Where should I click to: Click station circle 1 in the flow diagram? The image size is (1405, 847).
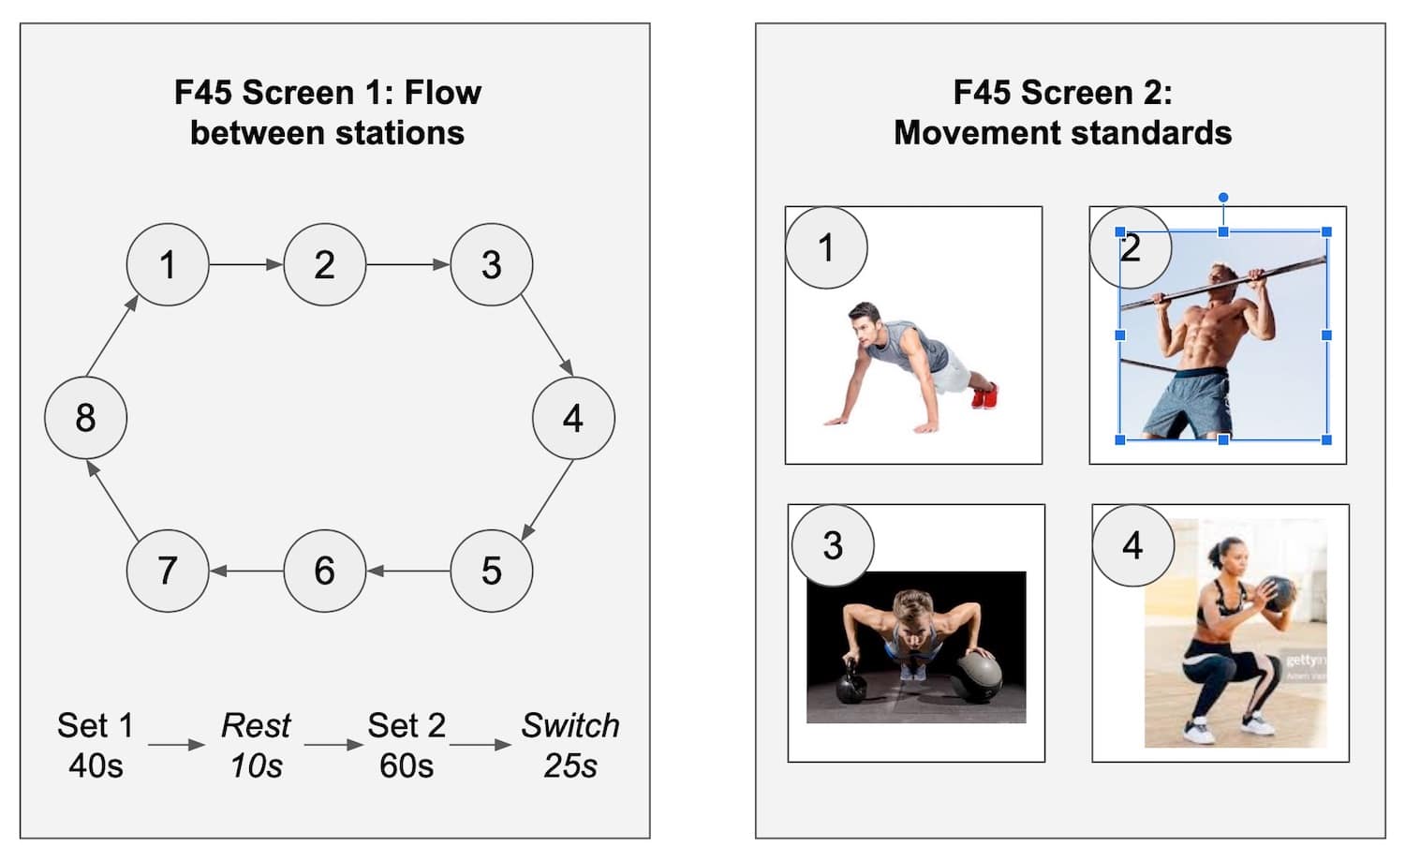coord(168,264)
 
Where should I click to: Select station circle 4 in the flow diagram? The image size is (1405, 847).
coord(573,418)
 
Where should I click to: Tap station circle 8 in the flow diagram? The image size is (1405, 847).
coord(85,418)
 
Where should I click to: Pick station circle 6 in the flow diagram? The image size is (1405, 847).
coord(324,571)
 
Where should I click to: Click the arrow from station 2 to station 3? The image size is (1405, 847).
coord(407,265)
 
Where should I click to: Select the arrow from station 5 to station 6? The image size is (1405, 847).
coord(407,571)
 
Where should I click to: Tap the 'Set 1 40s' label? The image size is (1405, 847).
coord(96,745)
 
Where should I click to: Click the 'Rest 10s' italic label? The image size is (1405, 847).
coord(256,745)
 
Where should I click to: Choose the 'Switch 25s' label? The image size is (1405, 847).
coord(569,745)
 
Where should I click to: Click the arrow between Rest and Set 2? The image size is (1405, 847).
coord(333,746)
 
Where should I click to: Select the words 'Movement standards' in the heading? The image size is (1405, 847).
coord(1062,133)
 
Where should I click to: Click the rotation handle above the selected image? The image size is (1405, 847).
coord(1223,198)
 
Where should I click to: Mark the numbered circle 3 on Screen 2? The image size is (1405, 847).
coord(833,545)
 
